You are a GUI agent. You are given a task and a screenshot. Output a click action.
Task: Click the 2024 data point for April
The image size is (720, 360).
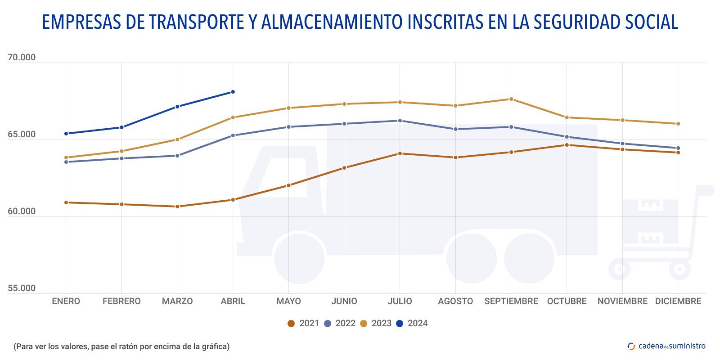tap(233, 92)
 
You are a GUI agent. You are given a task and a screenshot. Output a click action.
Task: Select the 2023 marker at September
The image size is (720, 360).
tap(511, 99)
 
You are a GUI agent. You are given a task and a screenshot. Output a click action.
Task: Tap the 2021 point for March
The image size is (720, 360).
tap(177, 207)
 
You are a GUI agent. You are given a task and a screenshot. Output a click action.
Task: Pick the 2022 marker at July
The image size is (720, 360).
tap(400, 121)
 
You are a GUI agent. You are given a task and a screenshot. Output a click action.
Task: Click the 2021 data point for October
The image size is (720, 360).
tap(567, 145)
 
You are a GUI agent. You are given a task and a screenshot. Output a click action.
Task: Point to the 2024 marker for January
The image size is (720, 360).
tap(66, 134)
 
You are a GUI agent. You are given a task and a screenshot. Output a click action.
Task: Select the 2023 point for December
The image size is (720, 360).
tap(678, 124)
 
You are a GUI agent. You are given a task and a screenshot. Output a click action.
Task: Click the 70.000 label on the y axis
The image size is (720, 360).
tap(22, 58)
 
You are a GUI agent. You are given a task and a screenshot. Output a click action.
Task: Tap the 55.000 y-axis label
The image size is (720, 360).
tap(22, 288)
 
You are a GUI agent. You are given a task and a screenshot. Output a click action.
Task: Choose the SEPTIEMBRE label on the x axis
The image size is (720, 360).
tap(511, 301)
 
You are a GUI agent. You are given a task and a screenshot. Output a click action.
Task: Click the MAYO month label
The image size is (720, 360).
tap(288, 301)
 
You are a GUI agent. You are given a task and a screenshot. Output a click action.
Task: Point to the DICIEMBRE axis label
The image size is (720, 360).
tap(678, 301)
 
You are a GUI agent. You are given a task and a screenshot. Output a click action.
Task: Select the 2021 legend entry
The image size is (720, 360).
tap(303, 323)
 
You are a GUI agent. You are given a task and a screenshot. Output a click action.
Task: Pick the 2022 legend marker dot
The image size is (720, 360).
tap(328, 324)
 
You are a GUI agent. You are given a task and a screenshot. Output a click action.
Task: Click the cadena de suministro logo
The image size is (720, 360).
tap(666, 346)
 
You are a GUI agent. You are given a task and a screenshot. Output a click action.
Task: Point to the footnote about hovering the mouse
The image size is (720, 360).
tap(121, 346)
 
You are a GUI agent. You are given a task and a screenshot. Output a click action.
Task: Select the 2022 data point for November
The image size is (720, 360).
tap(622, 144)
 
